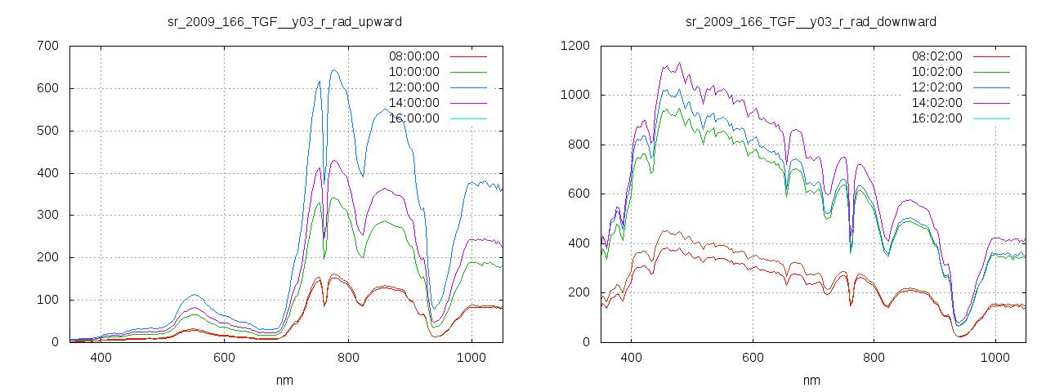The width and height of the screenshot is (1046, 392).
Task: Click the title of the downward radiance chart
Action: pyautogui.click(x=811, y=21)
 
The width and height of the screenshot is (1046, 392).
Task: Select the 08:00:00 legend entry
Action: pyautogui.click(x=413, y=56)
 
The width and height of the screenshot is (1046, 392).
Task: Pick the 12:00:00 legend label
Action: pyautogui.click(x=413, y=87)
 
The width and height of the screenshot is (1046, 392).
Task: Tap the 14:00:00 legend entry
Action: pyautogui.click(x=413, y=103)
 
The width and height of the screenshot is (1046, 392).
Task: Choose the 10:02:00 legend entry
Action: pyautogui.click(x=936, y=72)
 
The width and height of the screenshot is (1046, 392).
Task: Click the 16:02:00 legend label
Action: pyautogui.click(x=936, y=118)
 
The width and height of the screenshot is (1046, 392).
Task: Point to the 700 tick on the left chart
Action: pyautogui.click(x=47, y=46)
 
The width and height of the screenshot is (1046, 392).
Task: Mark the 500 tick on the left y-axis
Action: pyautogui.click(x=47, y=131)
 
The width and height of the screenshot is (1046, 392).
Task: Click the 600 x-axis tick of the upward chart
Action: pyautogui.click(x=225, y=357)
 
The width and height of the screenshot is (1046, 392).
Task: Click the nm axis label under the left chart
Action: pyautogui.click(x=284, y=380)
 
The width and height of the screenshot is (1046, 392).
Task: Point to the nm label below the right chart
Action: pyautogui.click(x=811, y=380)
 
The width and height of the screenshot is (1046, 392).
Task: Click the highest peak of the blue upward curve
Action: pyautogui.click(x=334, y=70)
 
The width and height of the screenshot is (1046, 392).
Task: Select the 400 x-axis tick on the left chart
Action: pyautogui.click(x=101, y=357)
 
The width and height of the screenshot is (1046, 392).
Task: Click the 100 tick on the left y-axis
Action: pyautogui.click(x=47, y=300)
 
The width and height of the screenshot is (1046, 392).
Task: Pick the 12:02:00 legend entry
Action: pyautogui.click(x=936, y=87)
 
